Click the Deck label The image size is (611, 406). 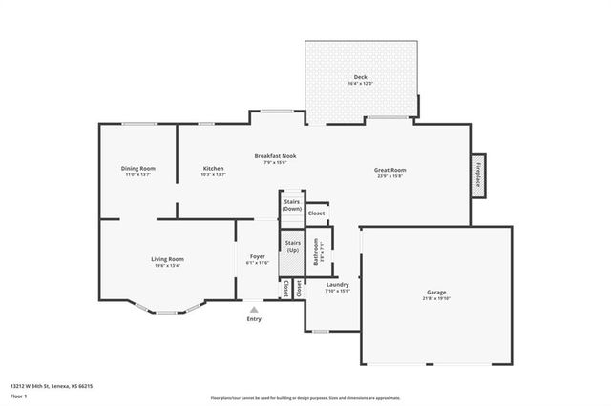coord(360,76)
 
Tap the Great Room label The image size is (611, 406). coord(390,170)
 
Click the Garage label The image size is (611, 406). coord(436,293)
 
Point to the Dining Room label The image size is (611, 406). coord(138,169)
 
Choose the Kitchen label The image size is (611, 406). coord(213,169)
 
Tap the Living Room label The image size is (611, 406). coord(167,259)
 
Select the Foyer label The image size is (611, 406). coord(258,256)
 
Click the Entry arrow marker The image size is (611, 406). coord(254,310)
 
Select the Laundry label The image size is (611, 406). coord(337,284)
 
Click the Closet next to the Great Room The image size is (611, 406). coord(316,213)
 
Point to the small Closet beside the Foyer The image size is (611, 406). coord(299,289)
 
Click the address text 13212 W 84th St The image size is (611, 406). coord(52,386)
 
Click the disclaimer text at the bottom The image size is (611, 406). coord(305,396)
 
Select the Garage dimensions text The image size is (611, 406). coord(436,298)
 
